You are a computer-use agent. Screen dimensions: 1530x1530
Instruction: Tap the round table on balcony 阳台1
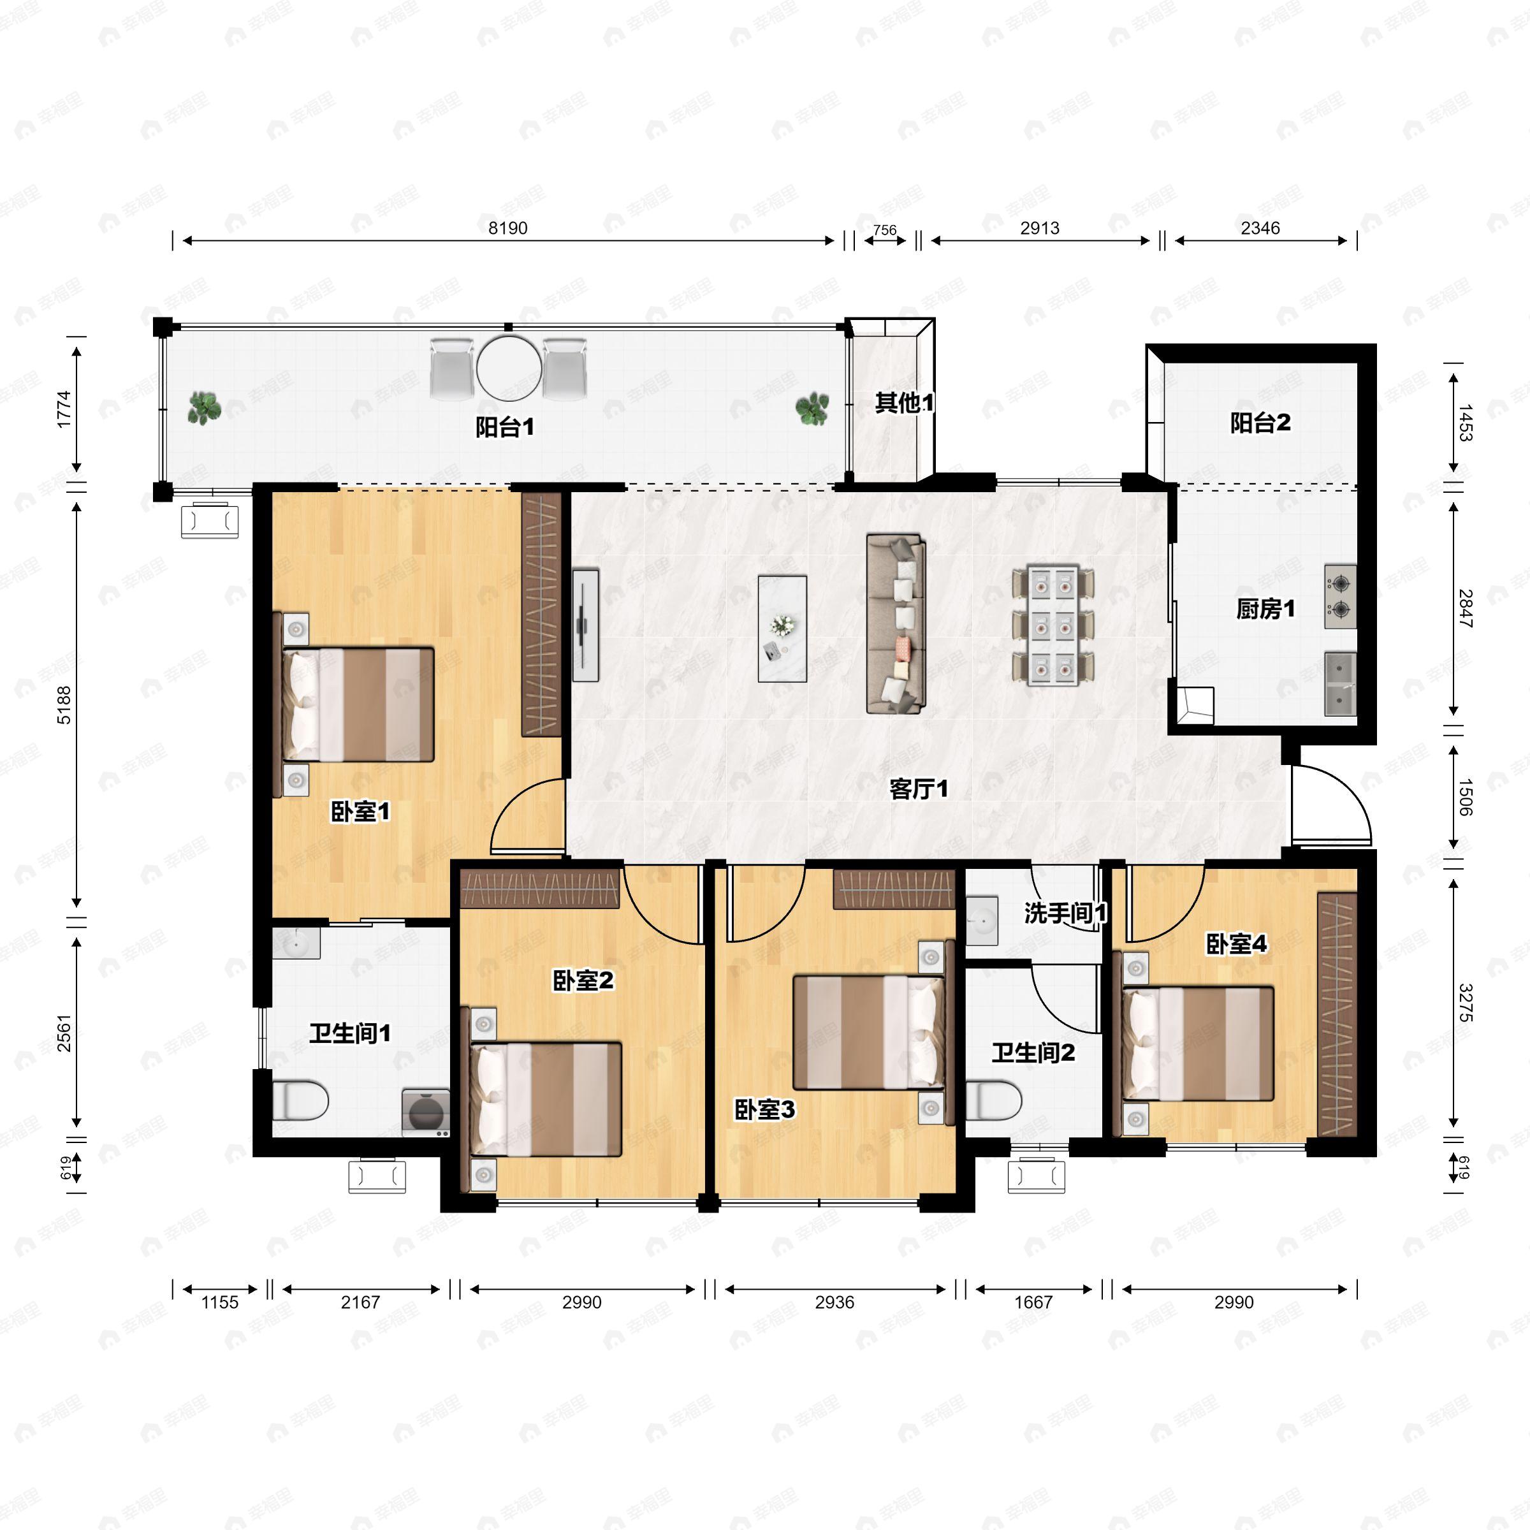(x=509, y=368)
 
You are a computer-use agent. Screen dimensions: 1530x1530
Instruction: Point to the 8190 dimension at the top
(x=507, y=228)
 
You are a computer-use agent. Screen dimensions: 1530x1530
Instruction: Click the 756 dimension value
(x=885, y=230)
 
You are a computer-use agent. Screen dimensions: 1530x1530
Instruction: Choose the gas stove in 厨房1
(x=1341, y=596)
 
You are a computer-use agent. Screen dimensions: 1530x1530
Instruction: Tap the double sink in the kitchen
(x=1341, y=683)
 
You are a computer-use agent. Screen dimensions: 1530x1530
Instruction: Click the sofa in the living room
(x=896, y=624)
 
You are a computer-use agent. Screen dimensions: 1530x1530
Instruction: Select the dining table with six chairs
(x=1053, y=625)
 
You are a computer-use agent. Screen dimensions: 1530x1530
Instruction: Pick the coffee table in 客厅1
(x=782, y=629)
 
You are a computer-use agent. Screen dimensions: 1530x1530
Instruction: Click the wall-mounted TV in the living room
(x=585, y=624)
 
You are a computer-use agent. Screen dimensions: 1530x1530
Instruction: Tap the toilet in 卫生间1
(x=300, y=1101)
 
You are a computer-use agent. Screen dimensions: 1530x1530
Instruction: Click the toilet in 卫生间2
(x=994, y=1101)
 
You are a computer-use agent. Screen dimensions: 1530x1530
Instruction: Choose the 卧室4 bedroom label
(x=1236, y=944)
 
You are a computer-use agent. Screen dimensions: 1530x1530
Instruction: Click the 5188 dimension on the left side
(x=64, y=705)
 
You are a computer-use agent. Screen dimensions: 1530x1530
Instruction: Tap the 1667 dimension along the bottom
(x=1033, y=1302)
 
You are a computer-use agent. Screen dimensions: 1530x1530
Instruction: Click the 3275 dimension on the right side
(x=1465, y=1003)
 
